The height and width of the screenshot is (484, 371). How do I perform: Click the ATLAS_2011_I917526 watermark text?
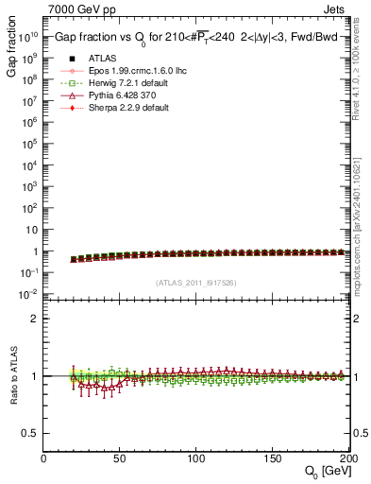pyautogui.click(x=195, y=283)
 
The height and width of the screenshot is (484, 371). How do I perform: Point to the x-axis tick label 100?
pyautogui.click(x=196, y=458)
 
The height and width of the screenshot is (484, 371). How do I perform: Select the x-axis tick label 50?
pyautogui.click(x=120, y=458)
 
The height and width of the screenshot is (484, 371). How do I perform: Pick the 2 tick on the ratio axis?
pyautogui.click(x=34, y=319)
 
